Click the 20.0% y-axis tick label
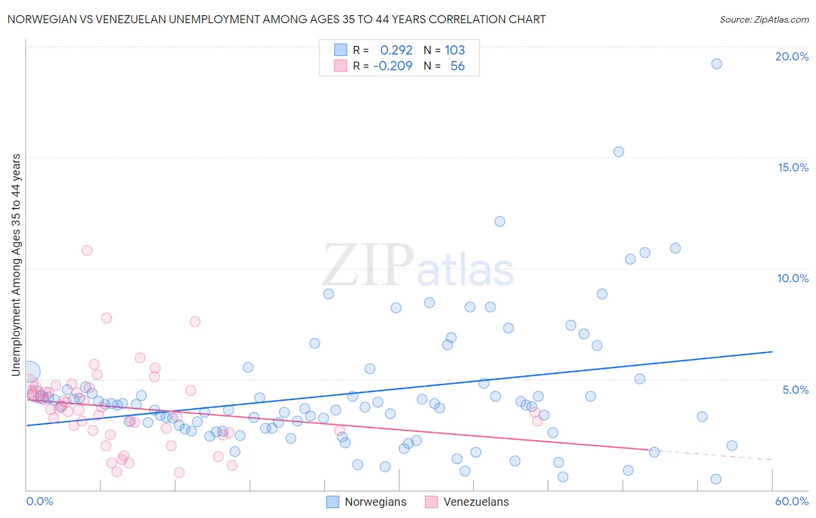click(x=792, y=56)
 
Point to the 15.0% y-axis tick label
click(x=793, y=167)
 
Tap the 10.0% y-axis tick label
click(x=793, y=278)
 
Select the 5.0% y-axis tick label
click(x=795, y=390)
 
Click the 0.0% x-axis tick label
click(x=39, y=501)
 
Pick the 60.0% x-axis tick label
click(x=792, y=501)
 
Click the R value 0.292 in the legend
click(x=396, y=50)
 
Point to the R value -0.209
click(x=393, y=66)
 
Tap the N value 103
click(x=454, y=50)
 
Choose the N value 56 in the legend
click(x=457, y=66)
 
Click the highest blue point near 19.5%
click(x=717, y=64)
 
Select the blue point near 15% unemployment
click(x=619, y=152)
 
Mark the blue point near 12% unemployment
click(x=500, y=221)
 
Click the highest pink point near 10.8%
click(x=87, y=250)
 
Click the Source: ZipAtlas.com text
click(x=764, y=20)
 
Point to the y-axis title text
click(x=16, y=264)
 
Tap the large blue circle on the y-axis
click(x=30, y=372)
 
